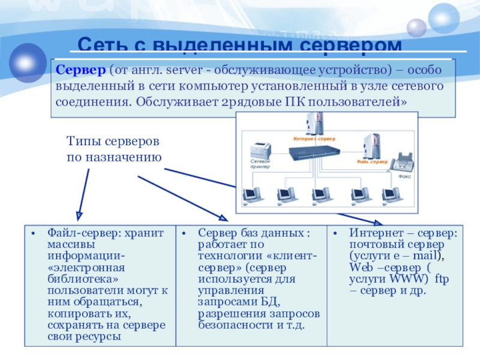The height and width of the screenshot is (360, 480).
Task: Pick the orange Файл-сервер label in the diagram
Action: [371, 161]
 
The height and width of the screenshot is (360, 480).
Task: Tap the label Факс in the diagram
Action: [403, 177]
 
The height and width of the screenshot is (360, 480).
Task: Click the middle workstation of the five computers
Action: [318, 195]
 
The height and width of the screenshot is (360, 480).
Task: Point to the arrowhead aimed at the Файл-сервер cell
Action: [78, 214]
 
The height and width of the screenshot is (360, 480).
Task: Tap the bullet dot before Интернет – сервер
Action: [336, 233]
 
